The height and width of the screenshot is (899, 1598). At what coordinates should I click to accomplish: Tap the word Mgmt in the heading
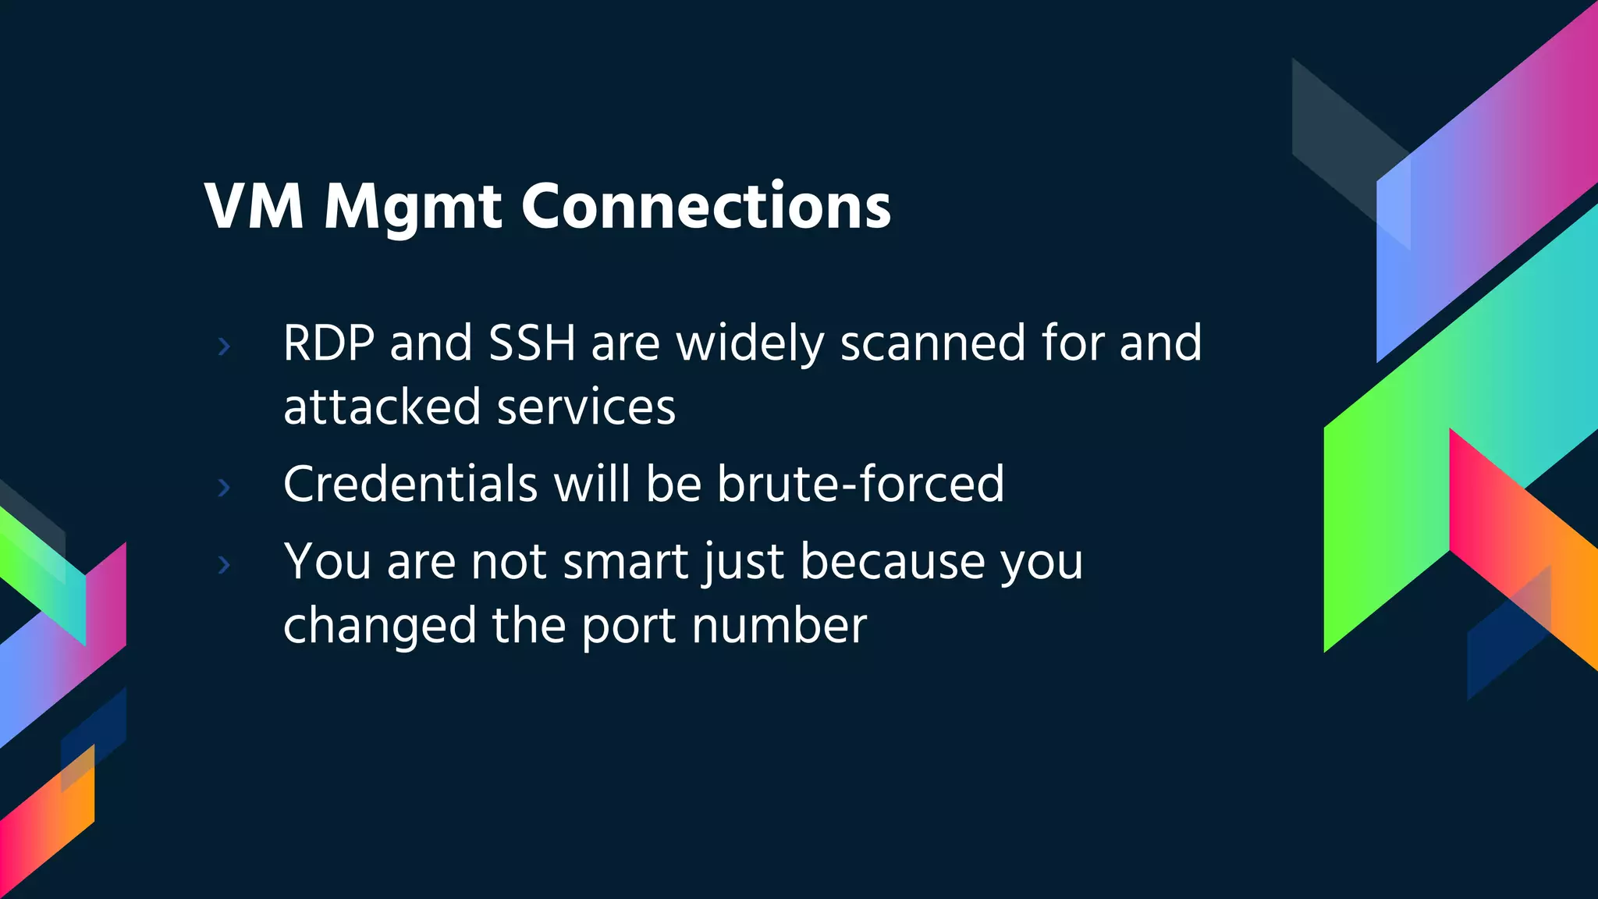(413, 208)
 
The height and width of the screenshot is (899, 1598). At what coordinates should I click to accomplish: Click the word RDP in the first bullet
(328, 343)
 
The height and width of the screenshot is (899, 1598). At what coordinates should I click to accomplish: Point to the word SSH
(531, 343)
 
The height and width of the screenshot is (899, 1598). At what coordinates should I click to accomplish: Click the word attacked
(382, 407)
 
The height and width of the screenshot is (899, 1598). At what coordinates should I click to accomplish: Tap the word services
(586, 407)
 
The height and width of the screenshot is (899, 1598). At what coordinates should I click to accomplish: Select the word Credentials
(410, 484)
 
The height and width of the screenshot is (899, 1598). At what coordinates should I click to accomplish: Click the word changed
(380, 626)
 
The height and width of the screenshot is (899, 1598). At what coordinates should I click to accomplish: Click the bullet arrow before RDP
(225, 346)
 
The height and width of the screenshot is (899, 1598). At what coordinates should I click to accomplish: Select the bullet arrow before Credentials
(225, 488)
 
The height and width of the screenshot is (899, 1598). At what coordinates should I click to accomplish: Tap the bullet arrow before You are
(225, 564)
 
